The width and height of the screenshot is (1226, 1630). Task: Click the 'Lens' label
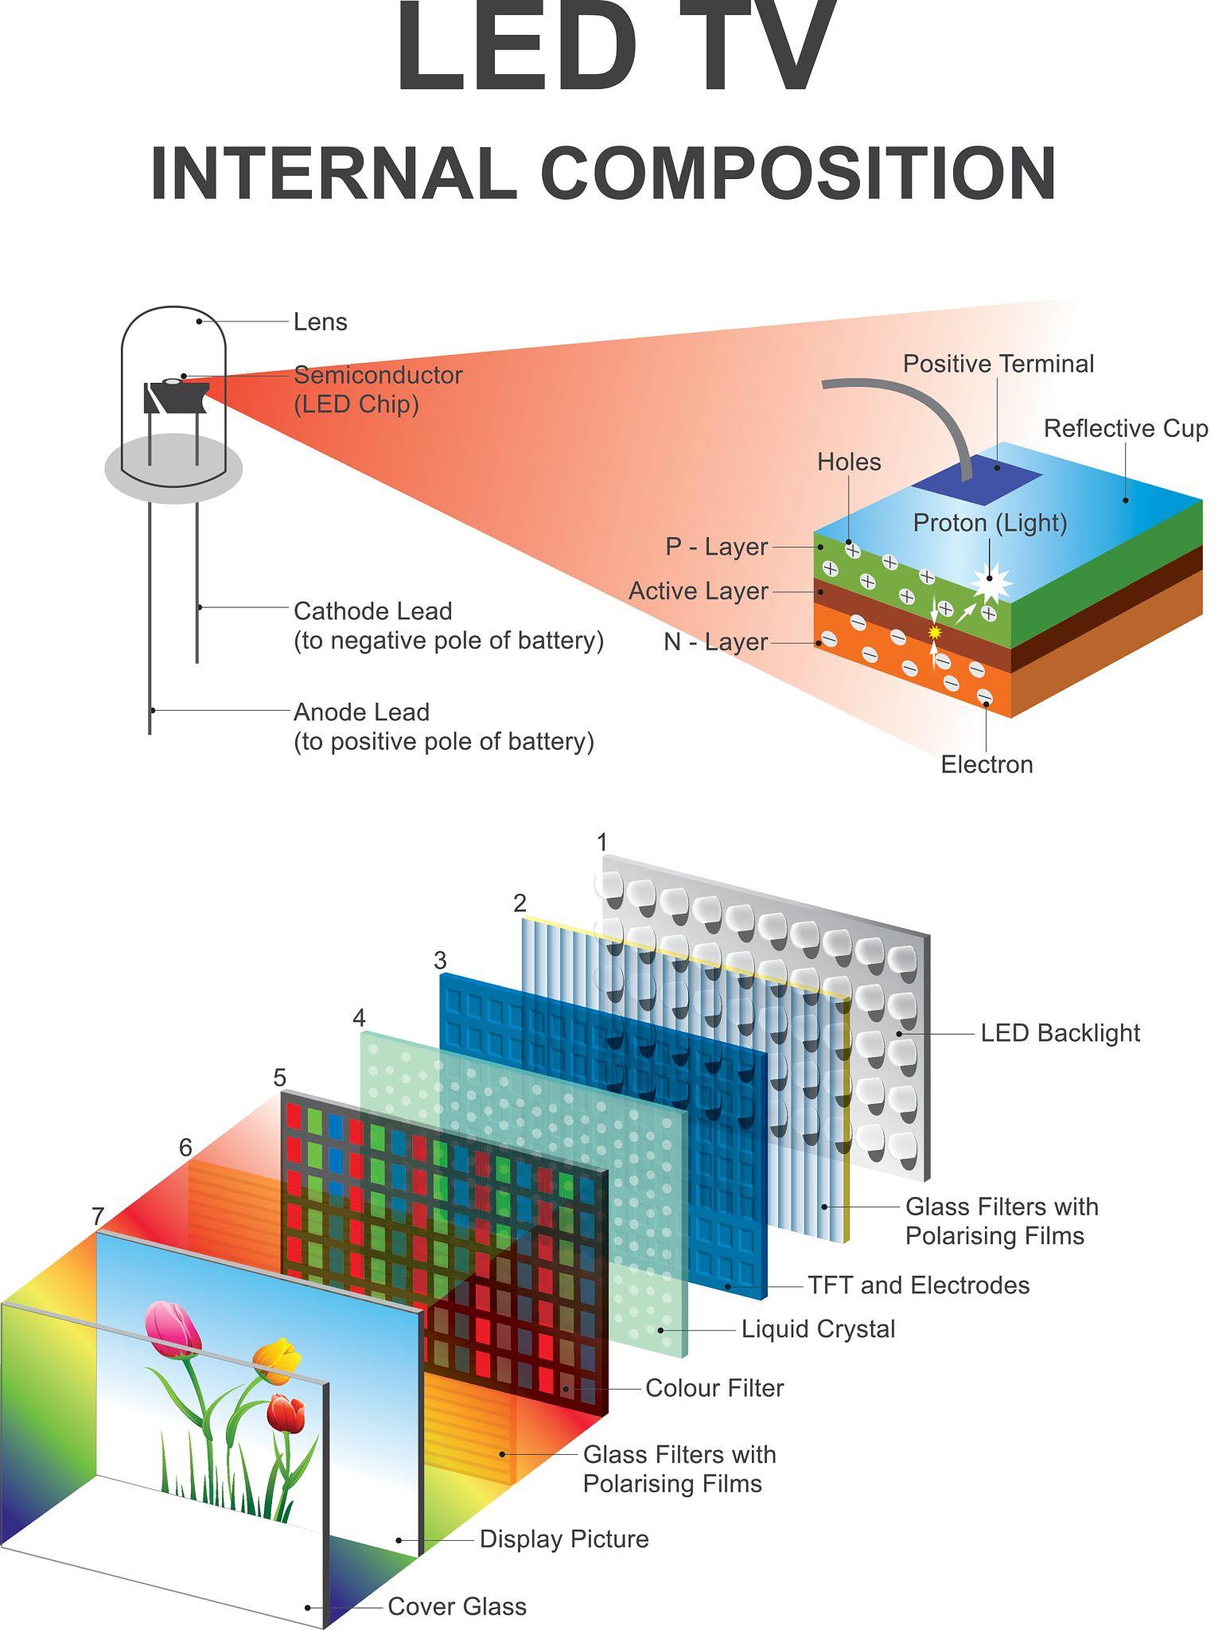tap(320, 322)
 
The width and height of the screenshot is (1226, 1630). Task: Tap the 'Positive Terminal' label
tap(998, 364)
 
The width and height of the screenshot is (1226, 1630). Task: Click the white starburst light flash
tap(991, 582)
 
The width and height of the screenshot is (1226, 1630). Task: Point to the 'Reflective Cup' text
tap(1125, 428)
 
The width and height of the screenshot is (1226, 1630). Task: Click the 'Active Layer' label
tap(698, 591)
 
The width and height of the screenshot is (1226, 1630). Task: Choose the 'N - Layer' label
tap(715, 641)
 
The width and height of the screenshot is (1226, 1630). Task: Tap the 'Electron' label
tap(987, 764)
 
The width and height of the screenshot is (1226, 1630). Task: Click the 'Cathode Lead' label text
tap(372, 611)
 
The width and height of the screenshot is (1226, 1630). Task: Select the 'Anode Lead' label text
tap(361, 712)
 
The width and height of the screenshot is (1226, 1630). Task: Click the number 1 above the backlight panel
tap(602, 841)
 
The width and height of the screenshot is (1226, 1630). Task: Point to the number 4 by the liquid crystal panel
tap(359, 1017)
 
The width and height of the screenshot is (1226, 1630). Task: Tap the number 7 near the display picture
tap(98, 1216)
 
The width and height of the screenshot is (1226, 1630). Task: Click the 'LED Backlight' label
tap(1060, 1033)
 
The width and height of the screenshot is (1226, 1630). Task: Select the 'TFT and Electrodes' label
tap(918, 1285)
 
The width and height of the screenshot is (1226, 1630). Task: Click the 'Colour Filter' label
tap(714, 1388)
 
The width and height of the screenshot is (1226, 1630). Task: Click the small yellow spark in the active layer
tap(935, 631)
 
